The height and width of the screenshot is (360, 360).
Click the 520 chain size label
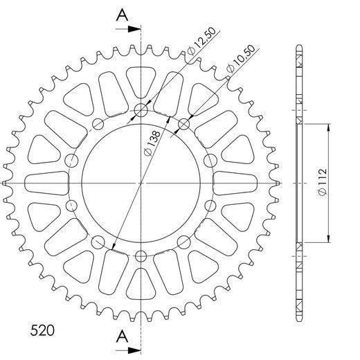coord(43,328)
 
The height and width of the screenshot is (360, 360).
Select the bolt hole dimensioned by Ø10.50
coord(184,124)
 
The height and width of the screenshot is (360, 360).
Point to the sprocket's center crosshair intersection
coord(141,183)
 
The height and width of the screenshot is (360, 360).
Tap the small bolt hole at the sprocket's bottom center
coord(141,257)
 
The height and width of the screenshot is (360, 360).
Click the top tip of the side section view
coord(298,46)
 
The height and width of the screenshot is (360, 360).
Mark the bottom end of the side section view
coord(298,320)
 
